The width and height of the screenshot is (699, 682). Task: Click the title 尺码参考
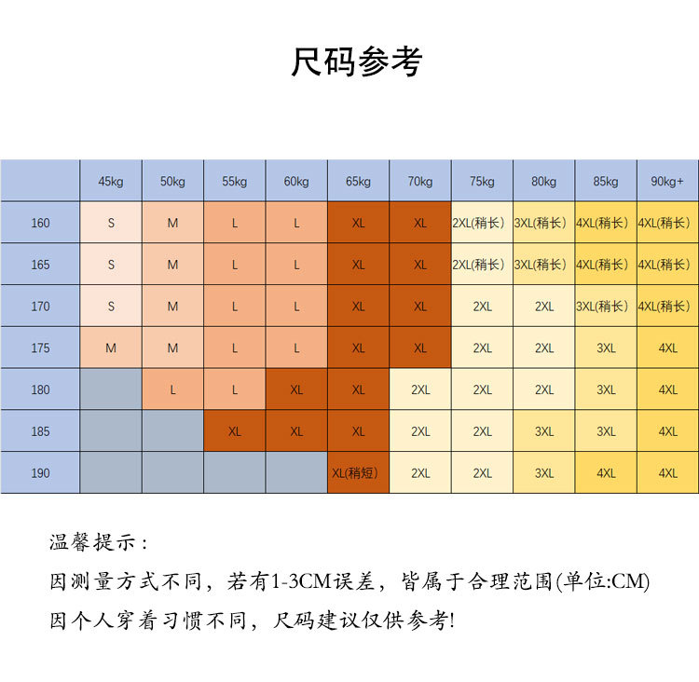(x=357, y=62)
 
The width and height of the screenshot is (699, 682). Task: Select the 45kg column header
(x=111, y=182)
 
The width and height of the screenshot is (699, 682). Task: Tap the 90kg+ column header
(x=667, y=182)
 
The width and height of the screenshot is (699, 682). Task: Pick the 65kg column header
(x=358, y=182)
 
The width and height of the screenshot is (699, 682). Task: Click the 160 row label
(x=40, y=224)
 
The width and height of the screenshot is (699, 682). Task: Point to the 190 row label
(x=40, y=473)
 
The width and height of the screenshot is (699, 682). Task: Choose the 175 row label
(x=40, y=348)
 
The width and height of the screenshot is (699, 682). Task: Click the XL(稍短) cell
(x=358, y=473)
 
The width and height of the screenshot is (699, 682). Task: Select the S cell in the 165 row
(x=111, y=265)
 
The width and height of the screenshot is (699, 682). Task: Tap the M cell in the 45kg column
(x=111, y=348)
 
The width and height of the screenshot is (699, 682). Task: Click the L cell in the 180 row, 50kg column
(x=172, y=390)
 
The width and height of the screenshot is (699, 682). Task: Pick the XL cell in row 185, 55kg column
(x=234, y=432)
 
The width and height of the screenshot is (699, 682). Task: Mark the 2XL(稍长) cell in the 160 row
(x=482, y=224)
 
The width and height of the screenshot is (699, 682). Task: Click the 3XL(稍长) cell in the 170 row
(x=606, y=307)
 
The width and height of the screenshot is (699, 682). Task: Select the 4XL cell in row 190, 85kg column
(x=606, y=473)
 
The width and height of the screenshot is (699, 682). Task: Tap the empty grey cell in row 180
(x=111, y=390)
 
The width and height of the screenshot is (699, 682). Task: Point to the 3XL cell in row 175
(x=606, y=348)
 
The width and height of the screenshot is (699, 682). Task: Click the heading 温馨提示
(x=98, y=543)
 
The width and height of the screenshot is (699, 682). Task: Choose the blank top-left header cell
(x=40, y=182)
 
